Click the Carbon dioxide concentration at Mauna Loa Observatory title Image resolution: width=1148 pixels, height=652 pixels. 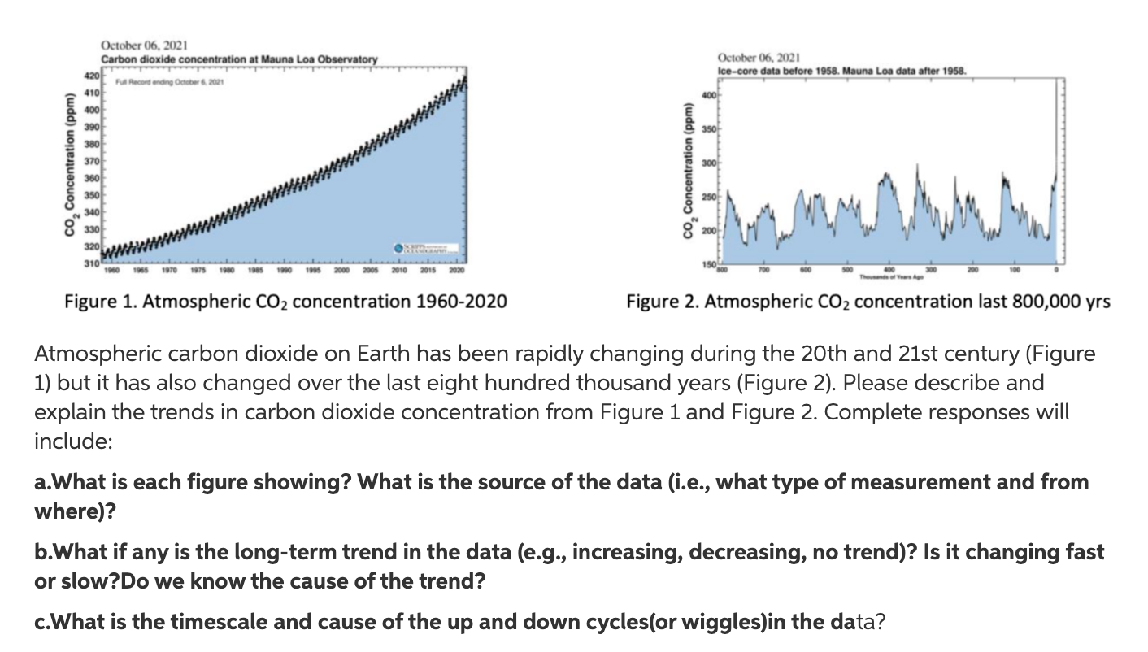point(239,60)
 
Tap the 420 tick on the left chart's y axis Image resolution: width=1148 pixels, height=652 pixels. point(92,76)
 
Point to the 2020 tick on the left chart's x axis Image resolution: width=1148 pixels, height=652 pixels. point(459,268)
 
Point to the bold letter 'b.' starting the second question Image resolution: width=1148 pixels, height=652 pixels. point(43,553)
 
